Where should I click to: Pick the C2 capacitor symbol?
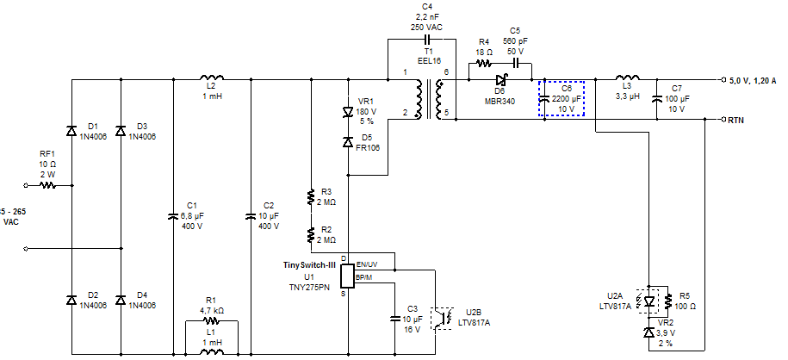(251, 216)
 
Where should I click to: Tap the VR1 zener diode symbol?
(349, 112)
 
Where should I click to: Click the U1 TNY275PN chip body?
(348, 276)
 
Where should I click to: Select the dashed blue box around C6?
(562, 98)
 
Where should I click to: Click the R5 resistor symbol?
(670, 301)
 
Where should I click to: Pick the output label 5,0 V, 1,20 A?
(753, 80)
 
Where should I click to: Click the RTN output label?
(735, 120)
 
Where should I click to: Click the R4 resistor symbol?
(484, 62)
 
